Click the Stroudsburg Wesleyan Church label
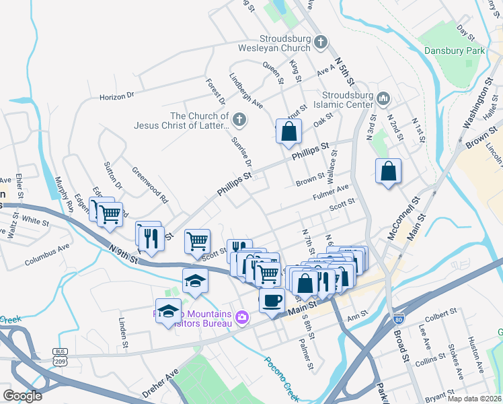(274, 43)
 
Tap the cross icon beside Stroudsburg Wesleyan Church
(321, 42)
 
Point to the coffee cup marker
(272, 300)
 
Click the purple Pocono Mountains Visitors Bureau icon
(243, 316)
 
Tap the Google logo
(22, 395)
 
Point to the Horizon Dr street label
(117, 96)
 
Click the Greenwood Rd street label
(149, 184)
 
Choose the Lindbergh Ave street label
(246, 92)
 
